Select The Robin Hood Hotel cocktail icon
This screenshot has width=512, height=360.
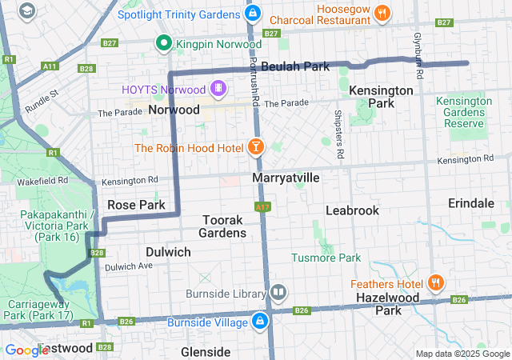[255, 146]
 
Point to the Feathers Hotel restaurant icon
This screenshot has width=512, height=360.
[436, 282]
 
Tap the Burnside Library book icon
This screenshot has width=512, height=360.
[278, 292]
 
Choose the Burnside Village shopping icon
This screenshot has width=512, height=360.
[260, 322]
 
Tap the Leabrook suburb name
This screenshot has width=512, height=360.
[352, 210]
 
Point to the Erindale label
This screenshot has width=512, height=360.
[471, 203]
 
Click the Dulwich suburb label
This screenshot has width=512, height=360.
[169, 252]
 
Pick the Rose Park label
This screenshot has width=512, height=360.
[136, 205]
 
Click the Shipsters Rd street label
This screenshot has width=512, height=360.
[339, 133]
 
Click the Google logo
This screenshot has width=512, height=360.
[27, 350]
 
